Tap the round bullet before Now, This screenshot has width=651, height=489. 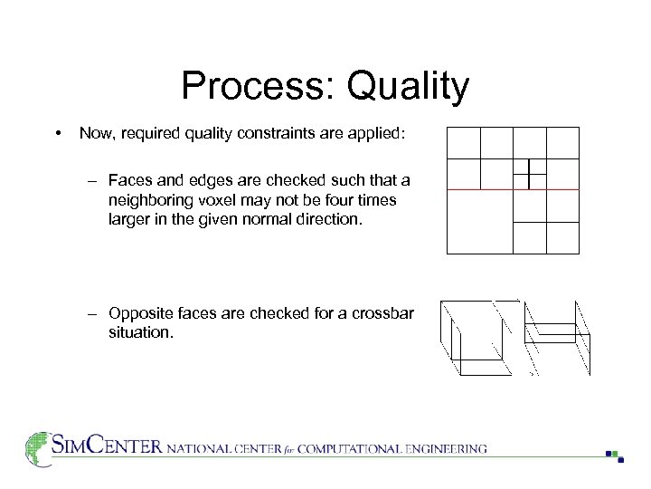pos(58,134)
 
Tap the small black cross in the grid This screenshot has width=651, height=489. pos(528,173)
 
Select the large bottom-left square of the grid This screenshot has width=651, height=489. pos(480,221)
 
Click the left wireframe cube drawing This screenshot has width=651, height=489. pos(474,337)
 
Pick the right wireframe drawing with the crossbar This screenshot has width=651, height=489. pos(558,336)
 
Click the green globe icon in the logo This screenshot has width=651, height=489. pos(37,448)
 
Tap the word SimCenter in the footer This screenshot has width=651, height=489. pos(106,446)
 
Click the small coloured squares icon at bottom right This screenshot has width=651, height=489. pos(615,455)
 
